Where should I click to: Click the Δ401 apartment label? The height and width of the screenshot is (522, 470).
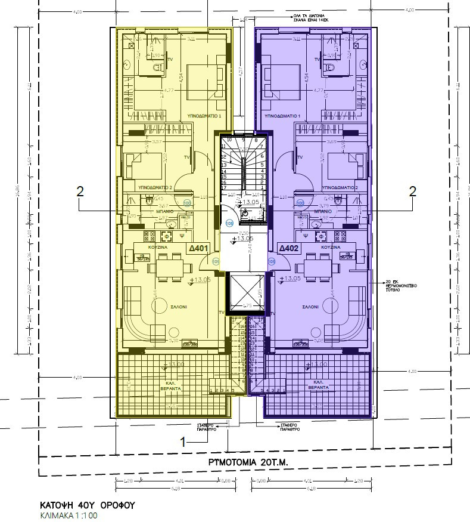point(198,248)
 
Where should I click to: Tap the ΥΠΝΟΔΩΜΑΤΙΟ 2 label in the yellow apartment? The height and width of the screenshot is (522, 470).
point(155,187)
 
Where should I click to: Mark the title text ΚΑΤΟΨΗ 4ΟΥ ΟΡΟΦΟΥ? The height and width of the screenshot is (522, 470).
point(88,504)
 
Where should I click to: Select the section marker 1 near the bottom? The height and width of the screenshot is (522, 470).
point(185,441)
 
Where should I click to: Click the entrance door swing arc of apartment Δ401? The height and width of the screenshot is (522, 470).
point(213,262)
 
